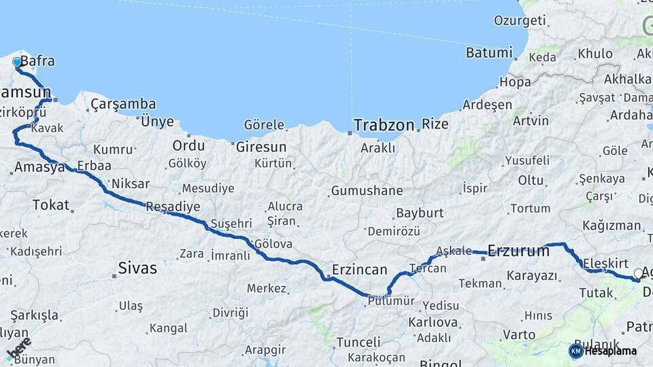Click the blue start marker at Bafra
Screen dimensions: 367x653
(17, 63)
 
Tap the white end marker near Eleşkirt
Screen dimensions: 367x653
(638, 273)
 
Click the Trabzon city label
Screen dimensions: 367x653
(384, 125)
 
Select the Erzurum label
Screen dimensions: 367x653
(518, 251)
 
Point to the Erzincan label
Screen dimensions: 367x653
(359, 268)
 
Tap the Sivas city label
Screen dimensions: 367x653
(137, 268)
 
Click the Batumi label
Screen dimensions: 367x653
(488, 52)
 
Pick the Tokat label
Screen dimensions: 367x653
(51, 205)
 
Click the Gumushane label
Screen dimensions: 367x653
(367, 191)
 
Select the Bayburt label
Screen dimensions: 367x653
(420, 213)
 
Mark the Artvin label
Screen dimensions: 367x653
(531, 121)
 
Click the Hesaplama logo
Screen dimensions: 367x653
(602, 351)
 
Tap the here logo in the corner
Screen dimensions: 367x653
(18, 348)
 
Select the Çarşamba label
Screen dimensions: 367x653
(123, 104)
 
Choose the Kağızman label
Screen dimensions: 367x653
(611, 226)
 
